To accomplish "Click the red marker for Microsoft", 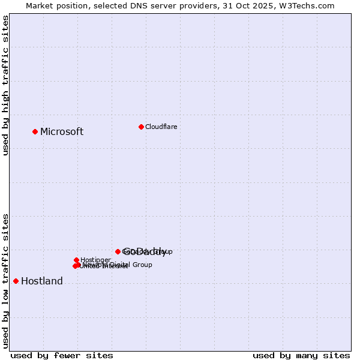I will (35, 131).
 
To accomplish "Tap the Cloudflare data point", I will (141, 127).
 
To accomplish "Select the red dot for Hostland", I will (16, 281).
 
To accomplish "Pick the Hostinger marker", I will (76, 260).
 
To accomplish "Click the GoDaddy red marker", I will (118, 251).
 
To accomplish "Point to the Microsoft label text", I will (62, 132).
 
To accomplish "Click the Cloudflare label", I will (161, 127).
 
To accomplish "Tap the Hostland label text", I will (42, 281).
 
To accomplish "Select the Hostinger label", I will (95, 260).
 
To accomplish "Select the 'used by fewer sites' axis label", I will (62, 355).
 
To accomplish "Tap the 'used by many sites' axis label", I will (301, 355).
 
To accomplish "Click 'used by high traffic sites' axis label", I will (6, 86).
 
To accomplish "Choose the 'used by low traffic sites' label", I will (6, 281).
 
